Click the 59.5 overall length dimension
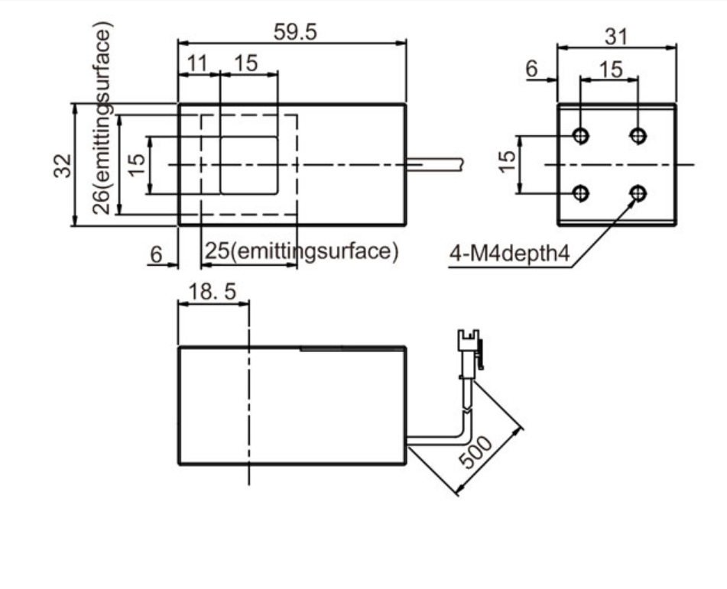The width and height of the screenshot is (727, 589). coord(295,31)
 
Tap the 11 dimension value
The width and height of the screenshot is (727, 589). coord(198,63)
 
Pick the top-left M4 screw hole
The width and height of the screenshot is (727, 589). coord(581,136)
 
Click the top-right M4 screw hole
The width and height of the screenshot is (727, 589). coord(638,136)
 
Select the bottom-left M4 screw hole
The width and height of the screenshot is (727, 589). coord(581,193)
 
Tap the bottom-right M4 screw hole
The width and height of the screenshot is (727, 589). coord(638,193)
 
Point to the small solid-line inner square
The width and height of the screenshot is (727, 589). coord(248,165)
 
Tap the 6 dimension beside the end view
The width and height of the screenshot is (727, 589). coord(532,69)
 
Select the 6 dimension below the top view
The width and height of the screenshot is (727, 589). coord(156,254)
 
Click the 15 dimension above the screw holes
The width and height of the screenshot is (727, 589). coord(611,69)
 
